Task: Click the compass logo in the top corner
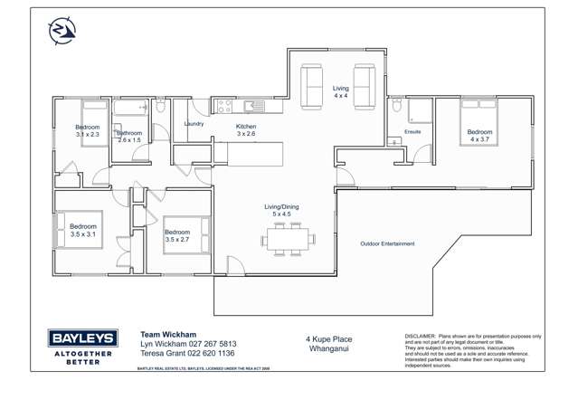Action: click(62, 31)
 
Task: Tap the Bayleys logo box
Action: click(81, 339)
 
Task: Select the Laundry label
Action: click(194, 124)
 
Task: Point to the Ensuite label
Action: click(412, 132)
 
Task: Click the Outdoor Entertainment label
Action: click(387, 244)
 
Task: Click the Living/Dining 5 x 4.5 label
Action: click(281, 211)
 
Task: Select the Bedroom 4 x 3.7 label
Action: click(479, 137)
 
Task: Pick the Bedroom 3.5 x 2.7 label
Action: click(177, 236)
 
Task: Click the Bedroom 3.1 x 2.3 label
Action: click(87, 131)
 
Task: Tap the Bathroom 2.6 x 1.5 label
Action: click(129, 137)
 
